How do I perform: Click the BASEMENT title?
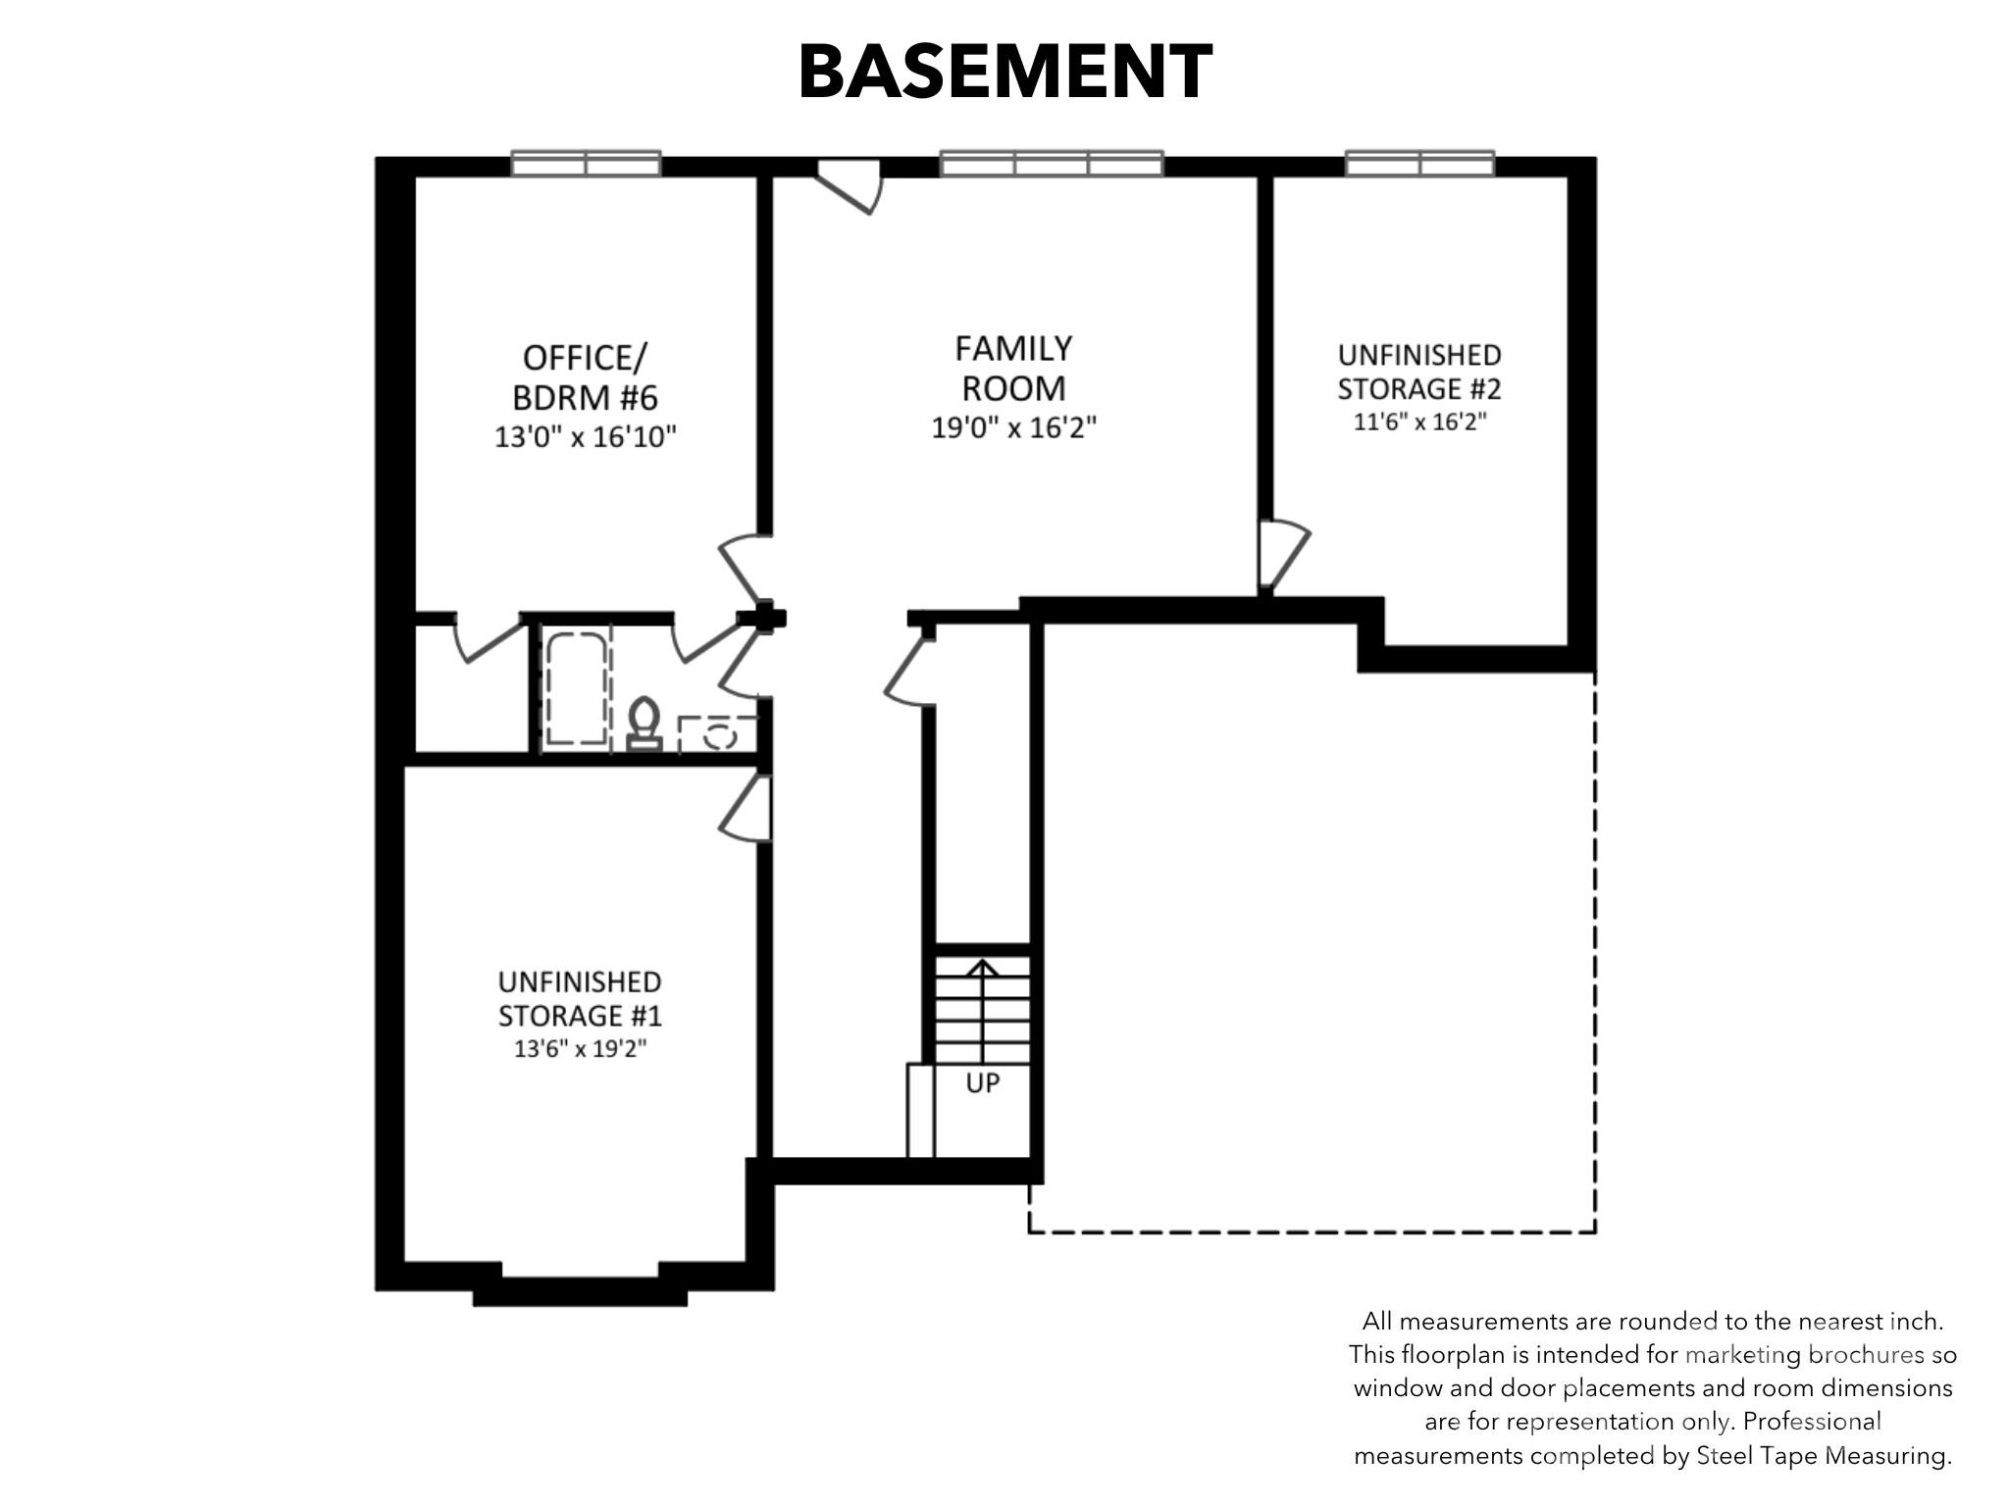click(x=1005, y=72)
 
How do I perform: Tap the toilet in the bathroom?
click(x=644, y=724)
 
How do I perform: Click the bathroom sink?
click(x=719, y=733)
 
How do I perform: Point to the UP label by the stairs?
click(x=982, y=1083)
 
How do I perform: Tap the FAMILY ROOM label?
click(x=1013, y=368)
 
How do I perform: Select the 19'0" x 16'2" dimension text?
click(x=1013, y=427)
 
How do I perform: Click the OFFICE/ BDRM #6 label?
click(x=585, y=377)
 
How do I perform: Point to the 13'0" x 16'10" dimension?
click(x=586, y=436)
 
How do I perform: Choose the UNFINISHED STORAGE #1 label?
click(x=580, y=998)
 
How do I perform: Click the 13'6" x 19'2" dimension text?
click(x=580, y=1048)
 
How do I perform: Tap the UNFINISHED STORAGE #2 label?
click(x=1419, y=372)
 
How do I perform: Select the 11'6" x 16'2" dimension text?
click(x=1419, y=422)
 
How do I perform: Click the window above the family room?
click(x=1052, y=164)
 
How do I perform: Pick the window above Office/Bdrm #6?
click(x=586, y=164)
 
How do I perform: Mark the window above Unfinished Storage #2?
click(x=1419, y=164)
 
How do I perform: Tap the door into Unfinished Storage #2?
click(x=1284, y=556)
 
